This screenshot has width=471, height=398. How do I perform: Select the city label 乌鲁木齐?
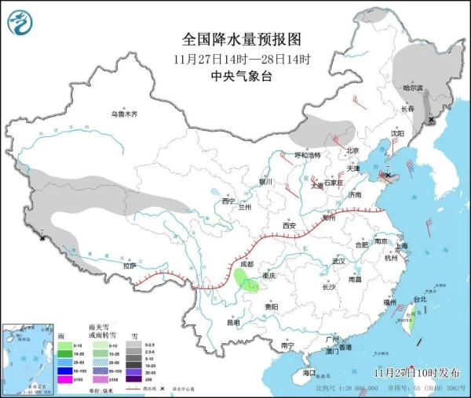click(x=123, y=114)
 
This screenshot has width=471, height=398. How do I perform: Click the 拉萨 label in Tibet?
click(x=129, y=266)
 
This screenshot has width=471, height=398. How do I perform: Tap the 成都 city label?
click(x=248, y=264)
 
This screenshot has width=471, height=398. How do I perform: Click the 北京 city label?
click(x=352, y=150)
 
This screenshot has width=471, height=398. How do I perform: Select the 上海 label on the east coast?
click(x=402, y=245)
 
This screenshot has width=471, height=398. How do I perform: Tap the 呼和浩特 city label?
click(x=308, y=155)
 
